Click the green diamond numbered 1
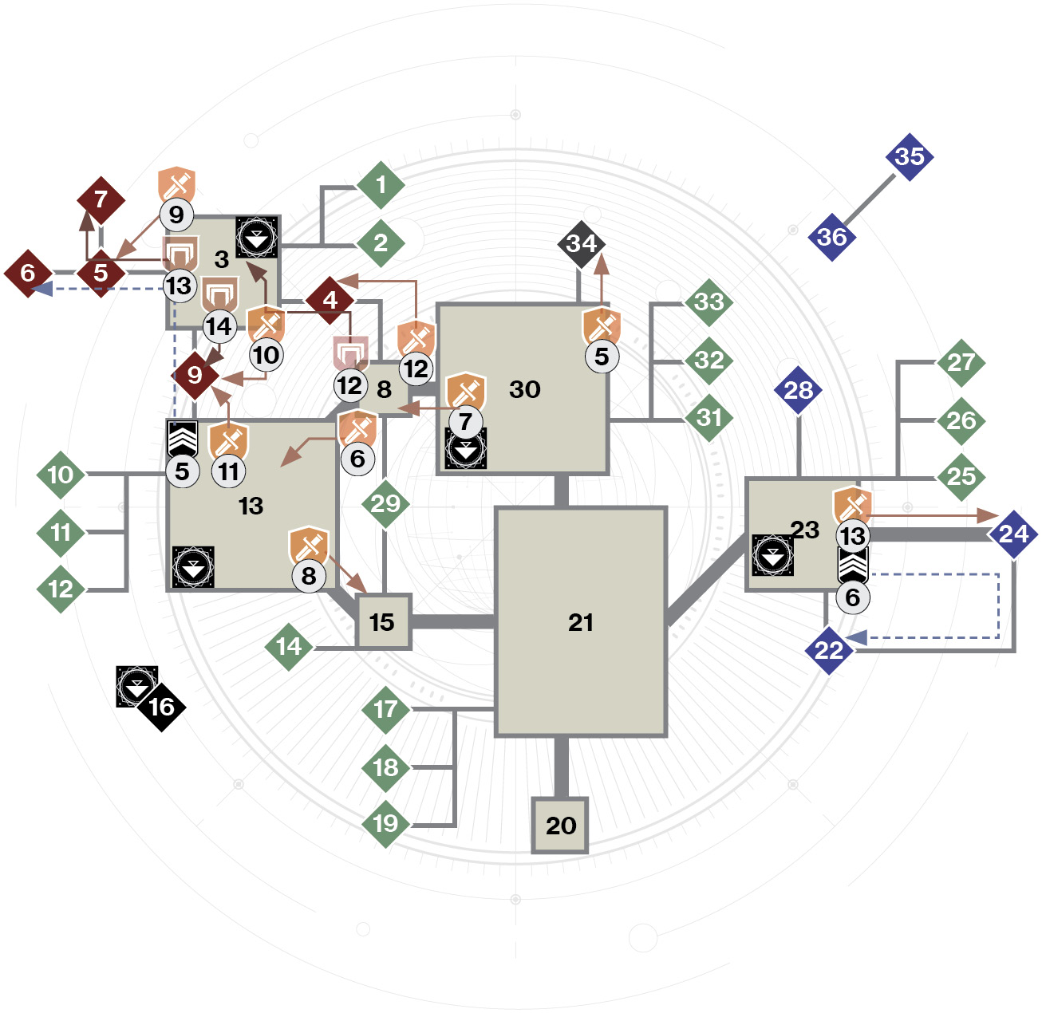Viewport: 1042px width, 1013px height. click(x=381, y=185)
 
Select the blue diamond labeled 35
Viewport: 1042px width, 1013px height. click(x=910, y=156)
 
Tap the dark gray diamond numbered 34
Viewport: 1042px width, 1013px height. click(x=581, y=244)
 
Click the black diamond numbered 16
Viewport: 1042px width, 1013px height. click(x=161, y=707)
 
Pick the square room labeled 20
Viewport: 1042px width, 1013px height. click(x=560, y=825)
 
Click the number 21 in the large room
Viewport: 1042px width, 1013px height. click(x=580, y=622)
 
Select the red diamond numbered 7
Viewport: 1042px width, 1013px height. click(x=101, y=199)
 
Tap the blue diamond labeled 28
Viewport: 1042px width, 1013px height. click(x=799, y=390)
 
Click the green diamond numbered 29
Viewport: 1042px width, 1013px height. click(x=385, y=504)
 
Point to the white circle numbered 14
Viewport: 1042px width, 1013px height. click(x=219, y=326)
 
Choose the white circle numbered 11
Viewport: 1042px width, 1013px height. click(x=229, y=471)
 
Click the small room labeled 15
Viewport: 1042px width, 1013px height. click(x=384, y=621)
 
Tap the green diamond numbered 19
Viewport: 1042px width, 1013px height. click(x=385, y=823)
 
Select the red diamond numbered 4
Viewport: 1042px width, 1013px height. click(x=330, y=301)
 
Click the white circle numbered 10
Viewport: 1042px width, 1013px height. click(x=266, y=355)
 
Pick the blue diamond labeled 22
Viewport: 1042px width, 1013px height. click(x=828, y=650)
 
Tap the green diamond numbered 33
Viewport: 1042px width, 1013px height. click(x=709, y=302)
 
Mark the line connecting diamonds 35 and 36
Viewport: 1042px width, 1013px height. click(x=869, y=198)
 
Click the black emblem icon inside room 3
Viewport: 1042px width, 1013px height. click(x=257, y=237)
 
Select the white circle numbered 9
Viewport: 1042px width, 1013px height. click(x=176, y=215)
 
